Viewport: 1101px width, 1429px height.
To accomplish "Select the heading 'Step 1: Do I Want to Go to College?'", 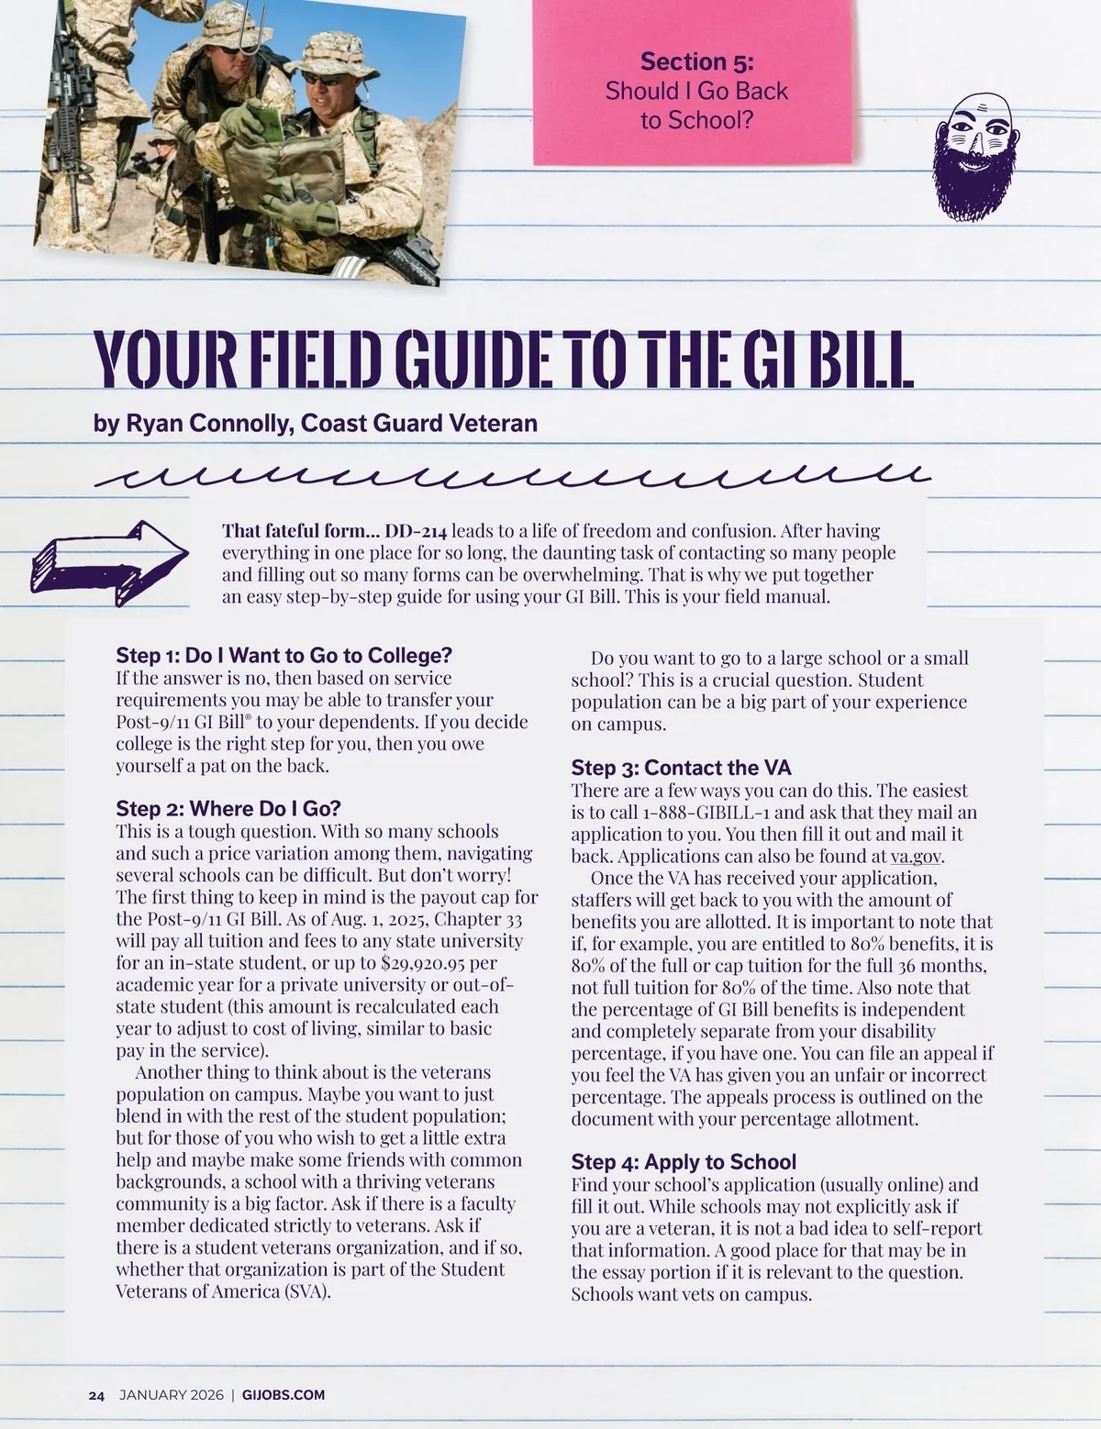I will [284, 656].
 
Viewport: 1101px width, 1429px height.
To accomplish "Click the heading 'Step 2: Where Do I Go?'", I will [228, 809].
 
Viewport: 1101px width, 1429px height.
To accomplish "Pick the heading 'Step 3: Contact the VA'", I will [681, 768].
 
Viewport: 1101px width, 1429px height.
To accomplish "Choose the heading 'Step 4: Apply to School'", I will [684, 1162].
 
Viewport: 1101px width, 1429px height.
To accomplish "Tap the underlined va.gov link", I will [917, 858].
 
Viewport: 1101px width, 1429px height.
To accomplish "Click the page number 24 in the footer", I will [96, 1395].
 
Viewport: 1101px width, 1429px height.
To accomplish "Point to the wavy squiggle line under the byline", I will [514, 475].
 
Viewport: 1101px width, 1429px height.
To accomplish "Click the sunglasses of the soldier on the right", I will [322, 80].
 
